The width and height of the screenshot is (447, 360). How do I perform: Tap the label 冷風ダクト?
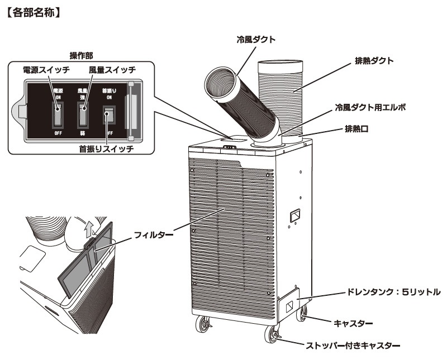click(x=256, y=40)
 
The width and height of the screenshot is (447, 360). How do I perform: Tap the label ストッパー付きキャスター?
click(x=360, y=347)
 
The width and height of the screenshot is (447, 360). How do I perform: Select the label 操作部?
click(x=81, y=55)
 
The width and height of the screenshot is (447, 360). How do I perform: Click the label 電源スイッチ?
click(x=47, y=70)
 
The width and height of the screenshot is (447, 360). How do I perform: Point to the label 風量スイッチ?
click(x=106, y=70)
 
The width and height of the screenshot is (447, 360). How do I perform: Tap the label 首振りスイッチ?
click(x=106, y=150)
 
